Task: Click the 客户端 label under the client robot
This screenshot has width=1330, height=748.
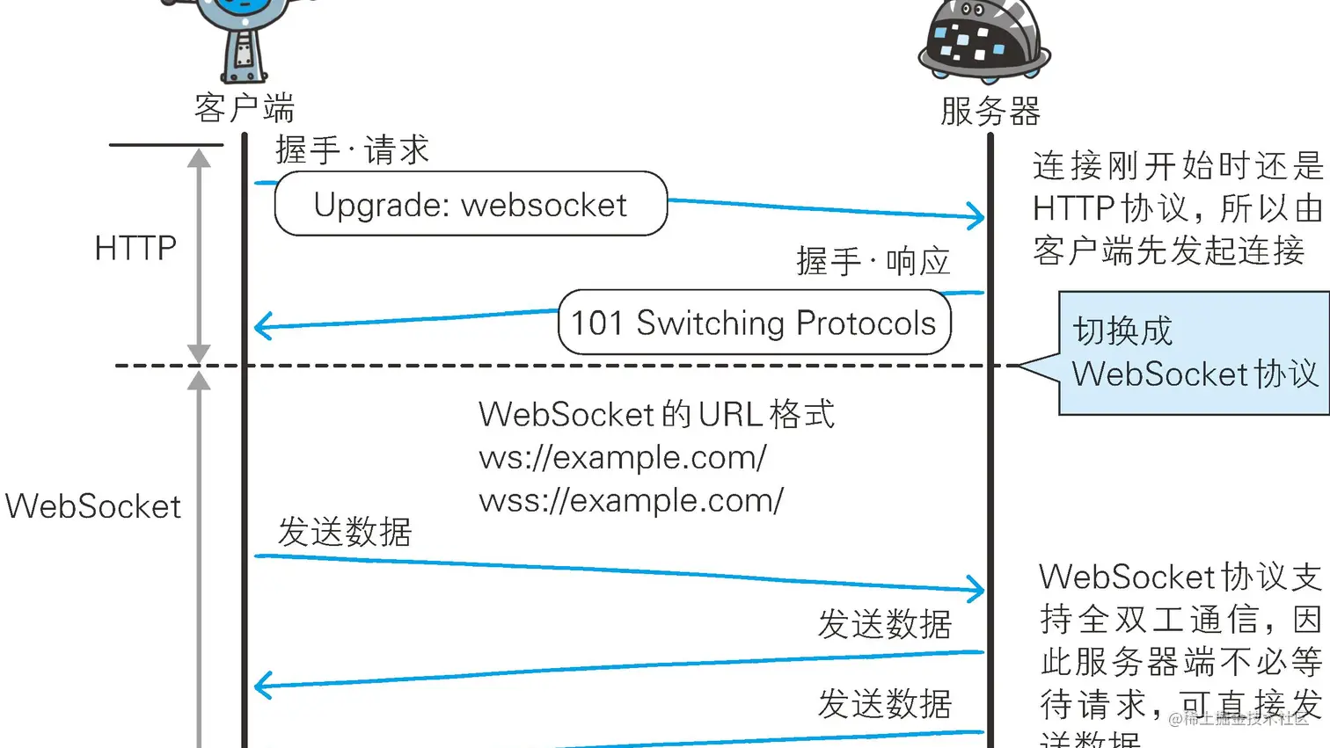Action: click(x=245, y=108)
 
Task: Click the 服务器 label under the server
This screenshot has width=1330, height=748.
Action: click(x=990, y=112)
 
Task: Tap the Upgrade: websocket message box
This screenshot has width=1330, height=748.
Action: click(x=471, y=204)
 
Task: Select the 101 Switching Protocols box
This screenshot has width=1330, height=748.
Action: click(x=754, y=323)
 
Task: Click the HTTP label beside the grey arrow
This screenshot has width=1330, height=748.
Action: click(x=135, y=248)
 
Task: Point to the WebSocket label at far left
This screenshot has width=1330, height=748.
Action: click(x=93, y=506)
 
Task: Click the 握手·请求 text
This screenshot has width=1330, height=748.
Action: click(x=352, y=150)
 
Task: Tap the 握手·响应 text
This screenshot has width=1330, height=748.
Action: click(x=873, y=261)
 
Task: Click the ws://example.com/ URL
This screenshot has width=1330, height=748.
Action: click(x=623, y=457)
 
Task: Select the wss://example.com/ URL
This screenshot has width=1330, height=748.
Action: click(x=631, y=500)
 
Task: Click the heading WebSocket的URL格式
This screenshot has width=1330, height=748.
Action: click(x=656, y=414)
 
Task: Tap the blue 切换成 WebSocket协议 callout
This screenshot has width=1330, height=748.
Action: click(x=1194, y=352)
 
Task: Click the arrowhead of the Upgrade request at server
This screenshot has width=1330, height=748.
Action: click(x=976, y=215)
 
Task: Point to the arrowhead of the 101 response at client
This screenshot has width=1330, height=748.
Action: click(x=261, y=327)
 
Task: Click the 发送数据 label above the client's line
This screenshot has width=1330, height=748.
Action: click(x=345, y=532)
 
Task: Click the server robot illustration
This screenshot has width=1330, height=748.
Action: click(x=983, y=40)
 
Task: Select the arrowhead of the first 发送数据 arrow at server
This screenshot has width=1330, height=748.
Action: click(x=976, y=590)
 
